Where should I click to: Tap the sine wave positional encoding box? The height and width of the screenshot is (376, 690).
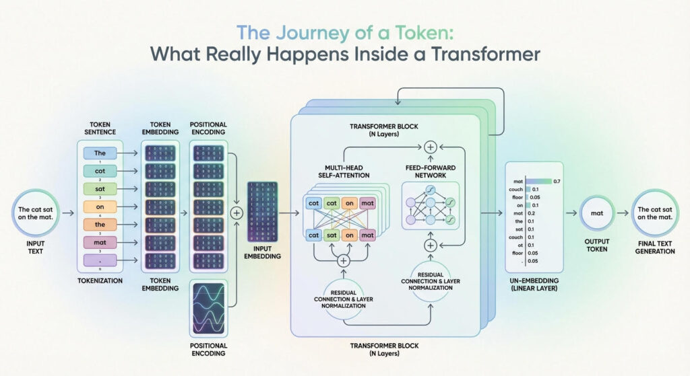point(208,313)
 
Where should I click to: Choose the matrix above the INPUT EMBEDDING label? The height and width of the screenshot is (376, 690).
point(263,211)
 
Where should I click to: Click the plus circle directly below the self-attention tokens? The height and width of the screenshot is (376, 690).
point(344,260)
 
